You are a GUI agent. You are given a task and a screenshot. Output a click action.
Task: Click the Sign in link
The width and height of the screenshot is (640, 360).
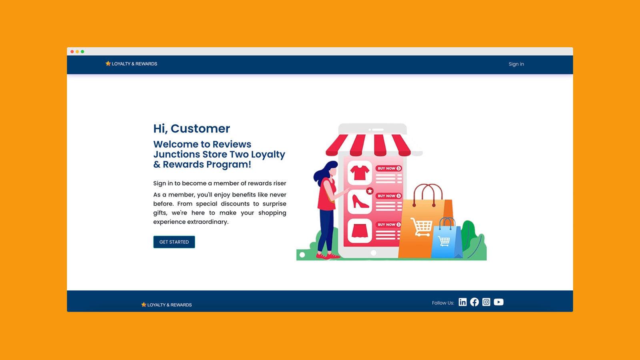[516, 64]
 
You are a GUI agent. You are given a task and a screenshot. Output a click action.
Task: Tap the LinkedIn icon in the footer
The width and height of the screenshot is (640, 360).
[462, 302]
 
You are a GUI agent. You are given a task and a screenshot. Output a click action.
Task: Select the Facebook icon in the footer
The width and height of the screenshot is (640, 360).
[474, 302]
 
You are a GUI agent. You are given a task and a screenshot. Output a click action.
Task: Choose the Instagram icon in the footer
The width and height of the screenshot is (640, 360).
[486, 302]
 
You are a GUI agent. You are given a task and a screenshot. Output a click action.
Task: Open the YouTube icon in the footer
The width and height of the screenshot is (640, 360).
[498, 302]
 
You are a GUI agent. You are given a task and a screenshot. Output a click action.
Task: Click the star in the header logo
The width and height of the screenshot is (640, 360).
[108, 64]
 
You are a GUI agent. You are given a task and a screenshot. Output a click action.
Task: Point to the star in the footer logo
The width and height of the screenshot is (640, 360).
[144, 304]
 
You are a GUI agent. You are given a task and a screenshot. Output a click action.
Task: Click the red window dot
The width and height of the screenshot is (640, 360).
[72, 52]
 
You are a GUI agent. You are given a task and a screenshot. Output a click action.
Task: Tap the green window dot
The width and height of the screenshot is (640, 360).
[82, 52]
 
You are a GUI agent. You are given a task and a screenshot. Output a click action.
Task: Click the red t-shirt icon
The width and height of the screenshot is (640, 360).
[360, 173]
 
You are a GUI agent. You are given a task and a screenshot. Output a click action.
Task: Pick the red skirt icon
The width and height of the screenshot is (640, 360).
[360, 231]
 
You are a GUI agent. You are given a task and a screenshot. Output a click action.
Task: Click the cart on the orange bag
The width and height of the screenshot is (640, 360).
[422, 227]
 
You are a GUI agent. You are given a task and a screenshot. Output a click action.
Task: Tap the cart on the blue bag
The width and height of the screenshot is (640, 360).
[444, 241]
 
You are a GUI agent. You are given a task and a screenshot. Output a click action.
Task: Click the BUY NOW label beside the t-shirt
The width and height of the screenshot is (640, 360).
[388, 168]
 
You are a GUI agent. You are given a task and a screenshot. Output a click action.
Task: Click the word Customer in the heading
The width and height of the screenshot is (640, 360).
[200, 128]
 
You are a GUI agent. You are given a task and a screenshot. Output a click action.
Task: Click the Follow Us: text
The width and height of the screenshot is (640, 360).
[443, 303]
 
